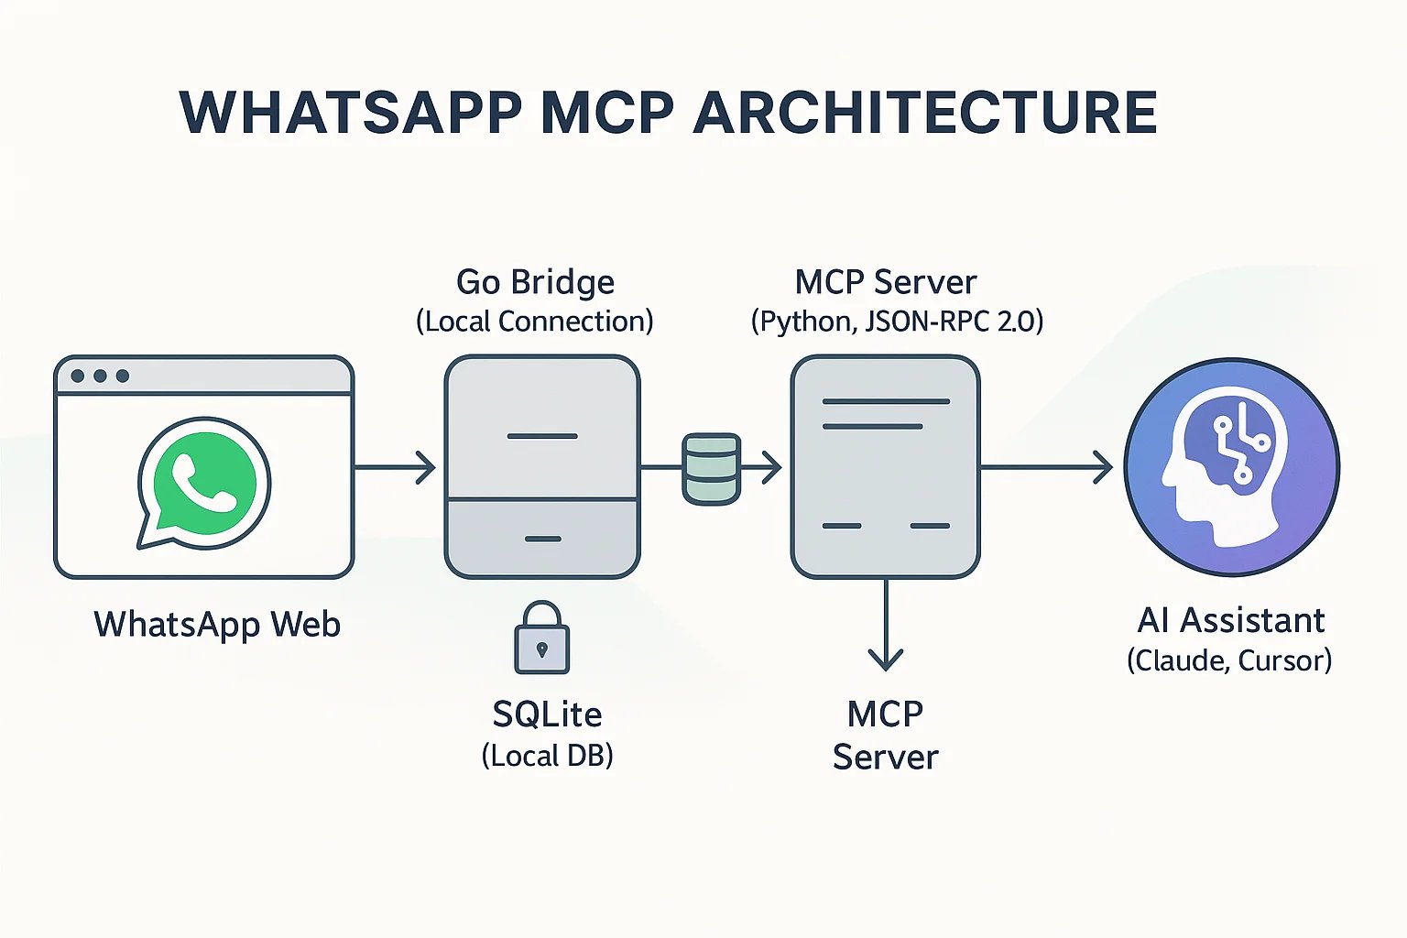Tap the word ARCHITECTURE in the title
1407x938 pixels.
[x=925, y=113]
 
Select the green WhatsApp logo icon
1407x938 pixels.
[x=203, y=482]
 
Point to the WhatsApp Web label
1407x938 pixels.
[x=217, y=625]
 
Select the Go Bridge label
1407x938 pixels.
[x=535, y=282]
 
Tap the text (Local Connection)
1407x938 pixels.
[x=535, y=322]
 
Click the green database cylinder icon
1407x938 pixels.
[x=711, y=469]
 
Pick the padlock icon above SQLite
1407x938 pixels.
[x=541, y=638]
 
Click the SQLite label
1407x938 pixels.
[x=547, y=714]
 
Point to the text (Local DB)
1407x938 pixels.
[x=547, y=756]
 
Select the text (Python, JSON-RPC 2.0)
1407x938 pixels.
[x=897, y=322]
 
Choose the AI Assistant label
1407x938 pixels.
[x=1230, y=621]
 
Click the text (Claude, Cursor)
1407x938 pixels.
[x=1229, y=660]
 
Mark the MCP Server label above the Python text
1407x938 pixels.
[x=886, y=282]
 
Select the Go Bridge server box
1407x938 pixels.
[x=542, y=467]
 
